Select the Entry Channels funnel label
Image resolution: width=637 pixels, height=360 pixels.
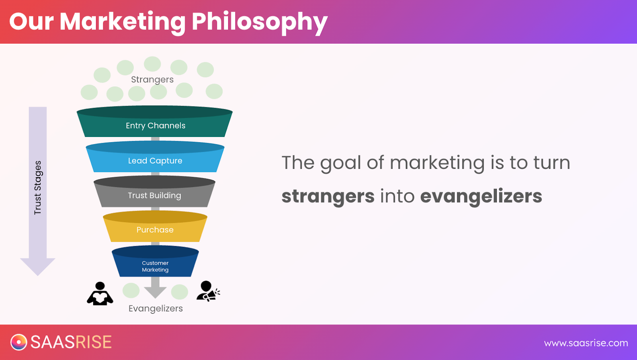156,126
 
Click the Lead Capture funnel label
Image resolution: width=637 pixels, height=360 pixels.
155,160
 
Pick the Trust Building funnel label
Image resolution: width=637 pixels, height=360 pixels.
154,196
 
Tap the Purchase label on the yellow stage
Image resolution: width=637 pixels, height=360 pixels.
155,230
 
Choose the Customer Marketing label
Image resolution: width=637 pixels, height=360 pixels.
155,266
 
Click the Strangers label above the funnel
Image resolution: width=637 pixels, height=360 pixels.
152,80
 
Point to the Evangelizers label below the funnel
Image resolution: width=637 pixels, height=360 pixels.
156,309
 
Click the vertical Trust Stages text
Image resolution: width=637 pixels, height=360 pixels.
37,188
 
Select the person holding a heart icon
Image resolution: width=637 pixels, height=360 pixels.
100,293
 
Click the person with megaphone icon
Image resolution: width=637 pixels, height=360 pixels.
207,291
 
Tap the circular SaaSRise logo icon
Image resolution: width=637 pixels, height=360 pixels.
19,342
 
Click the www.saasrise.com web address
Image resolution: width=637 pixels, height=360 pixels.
586,343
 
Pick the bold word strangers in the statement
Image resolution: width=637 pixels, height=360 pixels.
328,196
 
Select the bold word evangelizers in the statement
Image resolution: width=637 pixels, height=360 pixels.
481,196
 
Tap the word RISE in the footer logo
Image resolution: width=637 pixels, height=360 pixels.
93,342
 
